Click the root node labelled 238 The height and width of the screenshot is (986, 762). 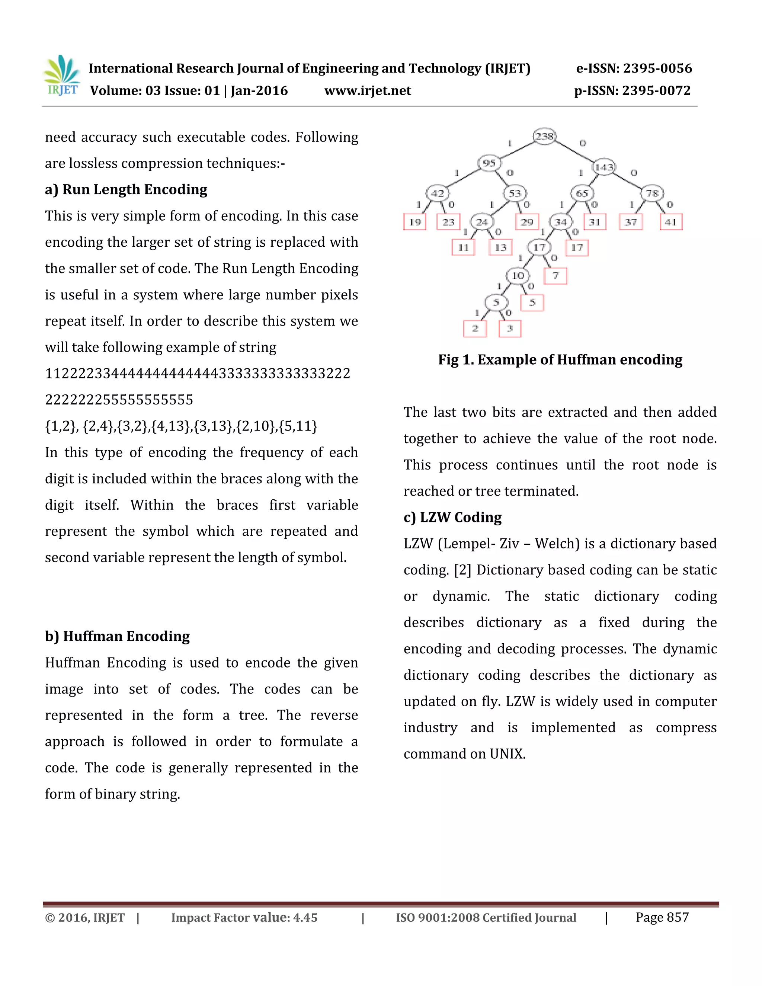544,136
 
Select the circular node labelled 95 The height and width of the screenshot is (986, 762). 489,163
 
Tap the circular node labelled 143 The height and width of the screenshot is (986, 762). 604,167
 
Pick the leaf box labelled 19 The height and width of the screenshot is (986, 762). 415,222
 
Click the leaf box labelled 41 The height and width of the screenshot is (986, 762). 671,222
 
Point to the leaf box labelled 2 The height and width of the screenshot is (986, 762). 475,328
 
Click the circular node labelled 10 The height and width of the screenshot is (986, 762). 518,275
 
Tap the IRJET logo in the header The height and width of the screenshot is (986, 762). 62,76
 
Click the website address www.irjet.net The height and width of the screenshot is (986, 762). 368,91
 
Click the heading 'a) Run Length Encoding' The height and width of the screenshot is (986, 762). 126,190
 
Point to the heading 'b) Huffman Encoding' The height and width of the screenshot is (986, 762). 117,636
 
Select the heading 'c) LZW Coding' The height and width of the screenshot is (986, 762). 452,518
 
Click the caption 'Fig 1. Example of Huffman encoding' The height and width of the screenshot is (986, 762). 560,360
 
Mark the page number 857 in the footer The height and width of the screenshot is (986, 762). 678,918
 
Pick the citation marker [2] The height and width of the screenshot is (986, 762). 463,570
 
